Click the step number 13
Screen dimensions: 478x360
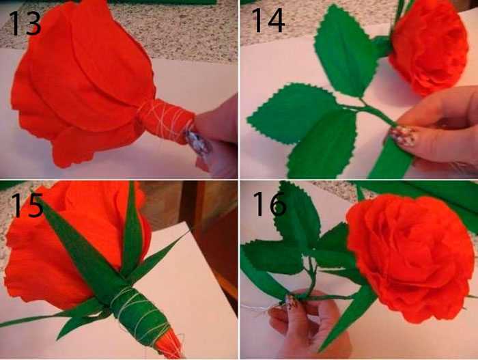[26, 23]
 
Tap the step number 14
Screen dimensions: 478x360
[268, 20]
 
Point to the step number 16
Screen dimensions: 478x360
[270, 204]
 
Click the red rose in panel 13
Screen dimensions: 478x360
[83, 83]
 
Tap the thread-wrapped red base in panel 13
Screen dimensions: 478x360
[166, 120]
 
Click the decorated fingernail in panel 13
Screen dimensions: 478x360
[198, 142]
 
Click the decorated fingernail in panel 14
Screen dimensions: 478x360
[403, 137]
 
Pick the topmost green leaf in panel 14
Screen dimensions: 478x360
[344, 52]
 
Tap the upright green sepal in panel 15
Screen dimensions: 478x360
[132, 229]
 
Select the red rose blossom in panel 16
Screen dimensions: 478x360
[410, 258]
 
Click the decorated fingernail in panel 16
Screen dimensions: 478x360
[290, 301]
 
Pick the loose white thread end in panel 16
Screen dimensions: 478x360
[256, 308]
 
